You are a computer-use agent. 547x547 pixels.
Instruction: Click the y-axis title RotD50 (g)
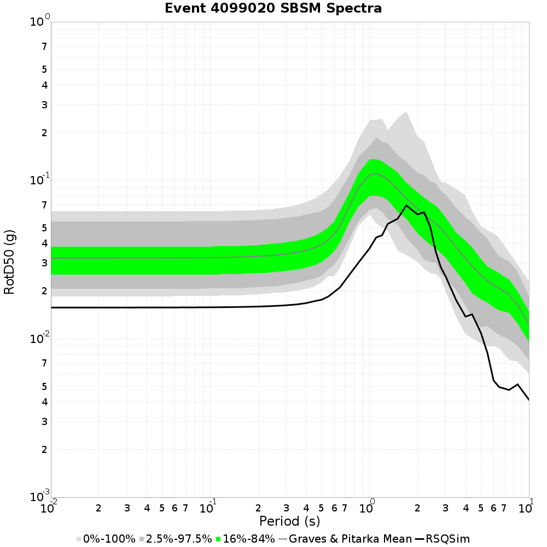(x=9, y=262)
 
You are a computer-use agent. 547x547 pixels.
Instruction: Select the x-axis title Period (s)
(x=289, y=521)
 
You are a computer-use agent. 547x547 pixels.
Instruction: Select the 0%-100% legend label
(x=109, y=539)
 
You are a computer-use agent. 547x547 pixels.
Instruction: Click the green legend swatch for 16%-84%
(x=220, y=539)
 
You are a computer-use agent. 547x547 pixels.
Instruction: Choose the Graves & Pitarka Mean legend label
(x=351, y=539)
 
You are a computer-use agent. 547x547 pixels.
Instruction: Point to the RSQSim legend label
(x=449, y=539)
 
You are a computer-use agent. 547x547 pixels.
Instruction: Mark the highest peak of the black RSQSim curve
(x=406, y=206)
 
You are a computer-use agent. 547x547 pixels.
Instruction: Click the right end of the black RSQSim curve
(x=529, y=400)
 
